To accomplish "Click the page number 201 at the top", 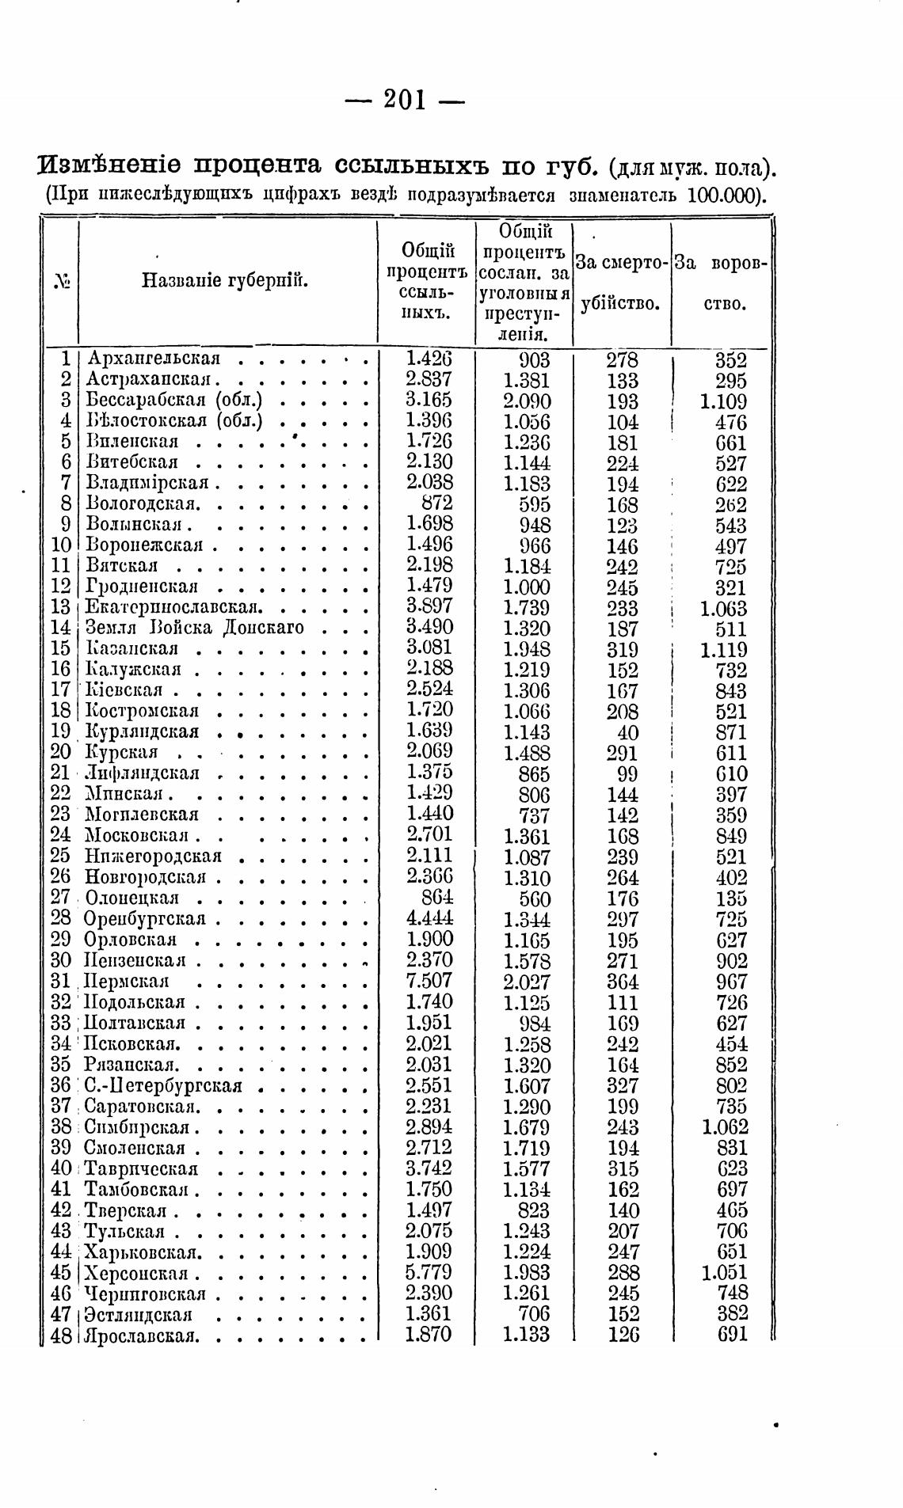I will [405, 100].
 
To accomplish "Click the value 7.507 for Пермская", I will [429, 981].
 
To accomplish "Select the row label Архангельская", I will [152, 359].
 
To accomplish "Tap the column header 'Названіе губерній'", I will [225, 280].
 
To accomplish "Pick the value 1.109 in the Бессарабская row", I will [723, 401].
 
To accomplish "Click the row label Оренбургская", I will [145, 919].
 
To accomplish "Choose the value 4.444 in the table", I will [429, 919].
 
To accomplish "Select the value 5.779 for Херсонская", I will [429, 1273].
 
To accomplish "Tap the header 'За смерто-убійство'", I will [622, 281].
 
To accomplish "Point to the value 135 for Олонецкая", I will [730, 898].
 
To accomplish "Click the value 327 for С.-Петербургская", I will [623, 1085].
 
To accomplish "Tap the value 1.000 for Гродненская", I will [527, 587].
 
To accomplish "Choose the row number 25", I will [61, 857].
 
